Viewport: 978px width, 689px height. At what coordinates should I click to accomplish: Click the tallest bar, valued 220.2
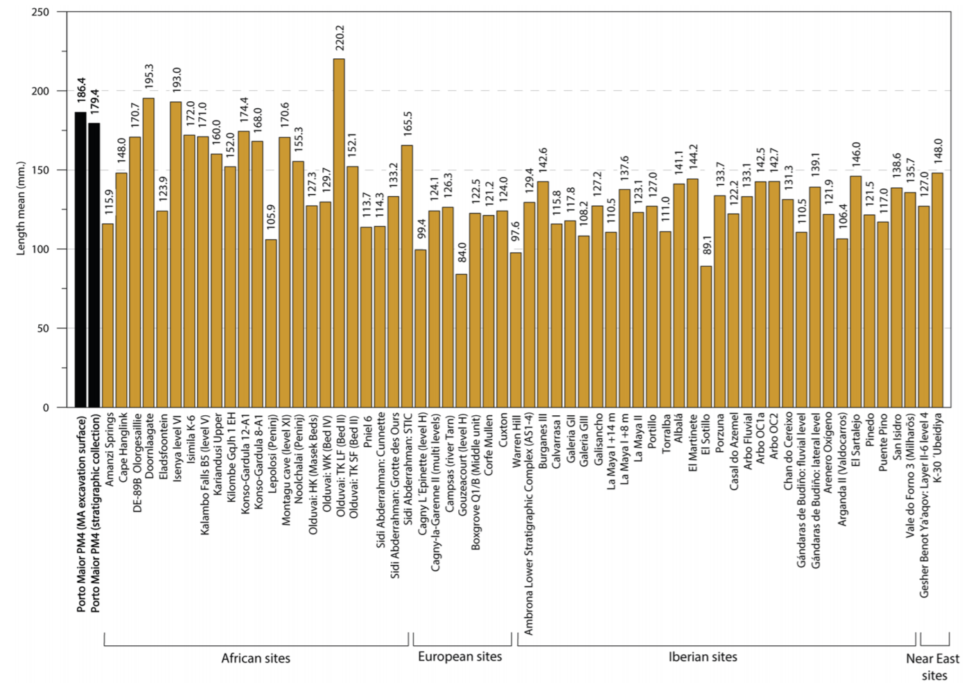[339, 233]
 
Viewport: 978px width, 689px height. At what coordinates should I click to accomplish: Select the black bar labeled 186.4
[80, 260]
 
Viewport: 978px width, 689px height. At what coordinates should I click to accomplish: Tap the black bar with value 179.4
[94, 265]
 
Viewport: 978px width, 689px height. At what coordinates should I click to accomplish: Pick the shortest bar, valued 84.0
[461, 340]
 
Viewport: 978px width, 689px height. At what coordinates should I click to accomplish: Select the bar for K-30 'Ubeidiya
[937, 290]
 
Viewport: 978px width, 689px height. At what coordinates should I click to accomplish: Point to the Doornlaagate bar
[148, 252]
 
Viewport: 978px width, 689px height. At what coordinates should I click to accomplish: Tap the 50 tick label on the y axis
[43, 329]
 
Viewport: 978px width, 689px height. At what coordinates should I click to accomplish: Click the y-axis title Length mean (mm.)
[21, 208]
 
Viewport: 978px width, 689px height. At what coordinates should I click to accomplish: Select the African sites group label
[256, 659]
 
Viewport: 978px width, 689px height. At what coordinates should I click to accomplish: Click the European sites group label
[460, 656]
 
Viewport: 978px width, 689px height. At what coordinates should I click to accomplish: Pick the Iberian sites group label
[703, 657]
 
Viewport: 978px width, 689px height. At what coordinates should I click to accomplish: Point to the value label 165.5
[408, 125]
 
